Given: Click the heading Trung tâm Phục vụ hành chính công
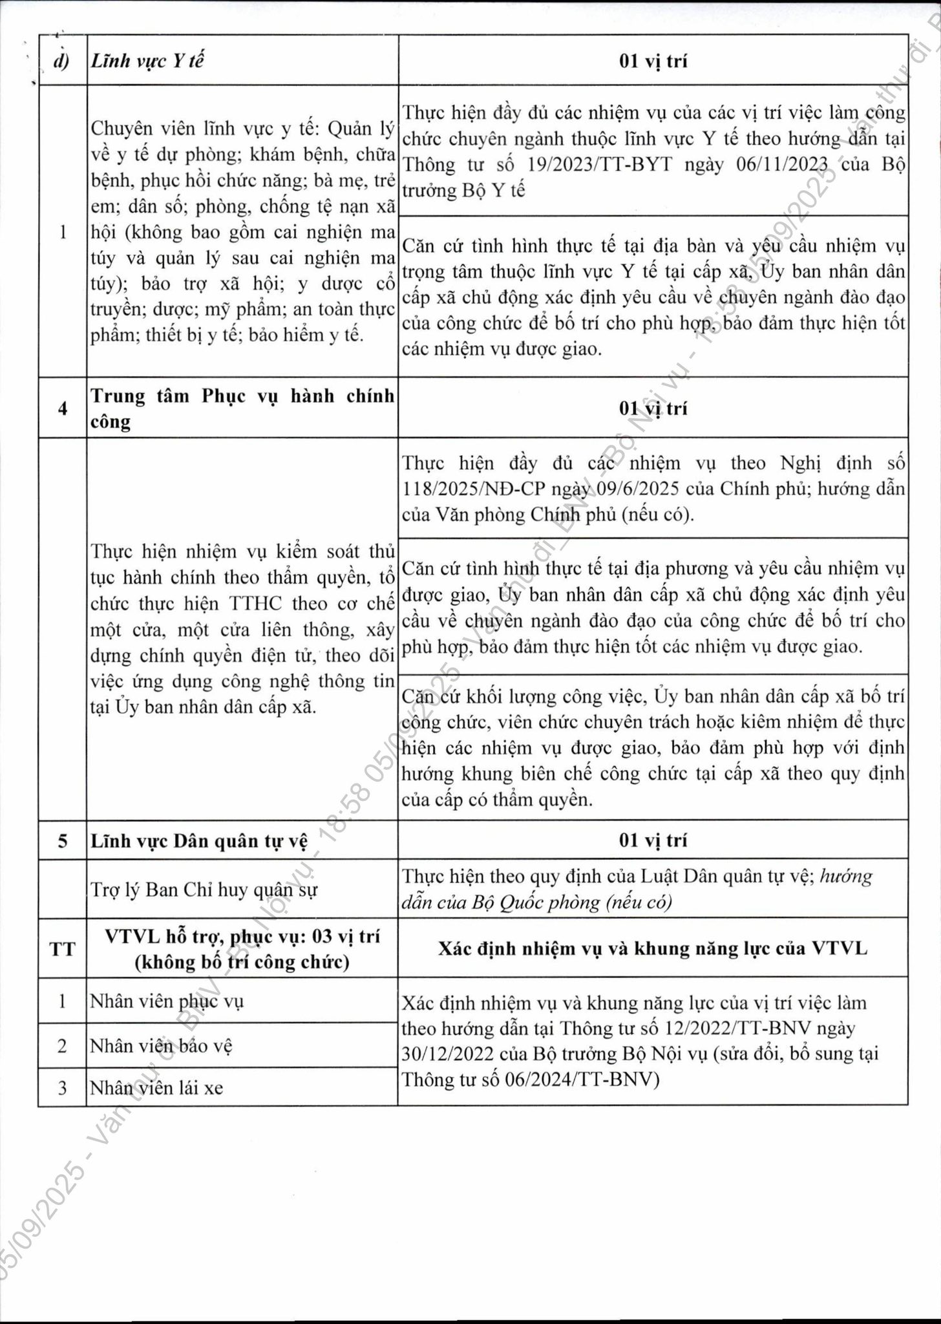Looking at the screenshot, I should pos(242,408).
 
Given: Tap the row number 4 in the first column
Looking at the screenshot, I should pos(63,408).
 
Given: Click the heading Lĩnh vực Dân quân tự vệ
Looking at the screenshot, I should pos(199,840).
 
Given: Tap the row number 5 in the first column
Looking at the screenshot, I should pos(63,840).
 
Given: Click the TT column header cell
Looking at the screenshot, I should pos(63,949).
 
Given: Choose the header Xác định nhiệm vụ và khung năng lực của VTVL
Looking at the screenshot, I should pos(653,948).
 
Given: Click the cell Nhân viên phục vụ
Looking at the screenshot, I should pos(167,1001).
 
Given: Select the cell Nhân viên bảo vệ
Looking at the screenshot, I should pos(161,1045).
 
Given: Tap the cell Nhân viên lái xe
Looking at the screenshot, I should pos(156,1088).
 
